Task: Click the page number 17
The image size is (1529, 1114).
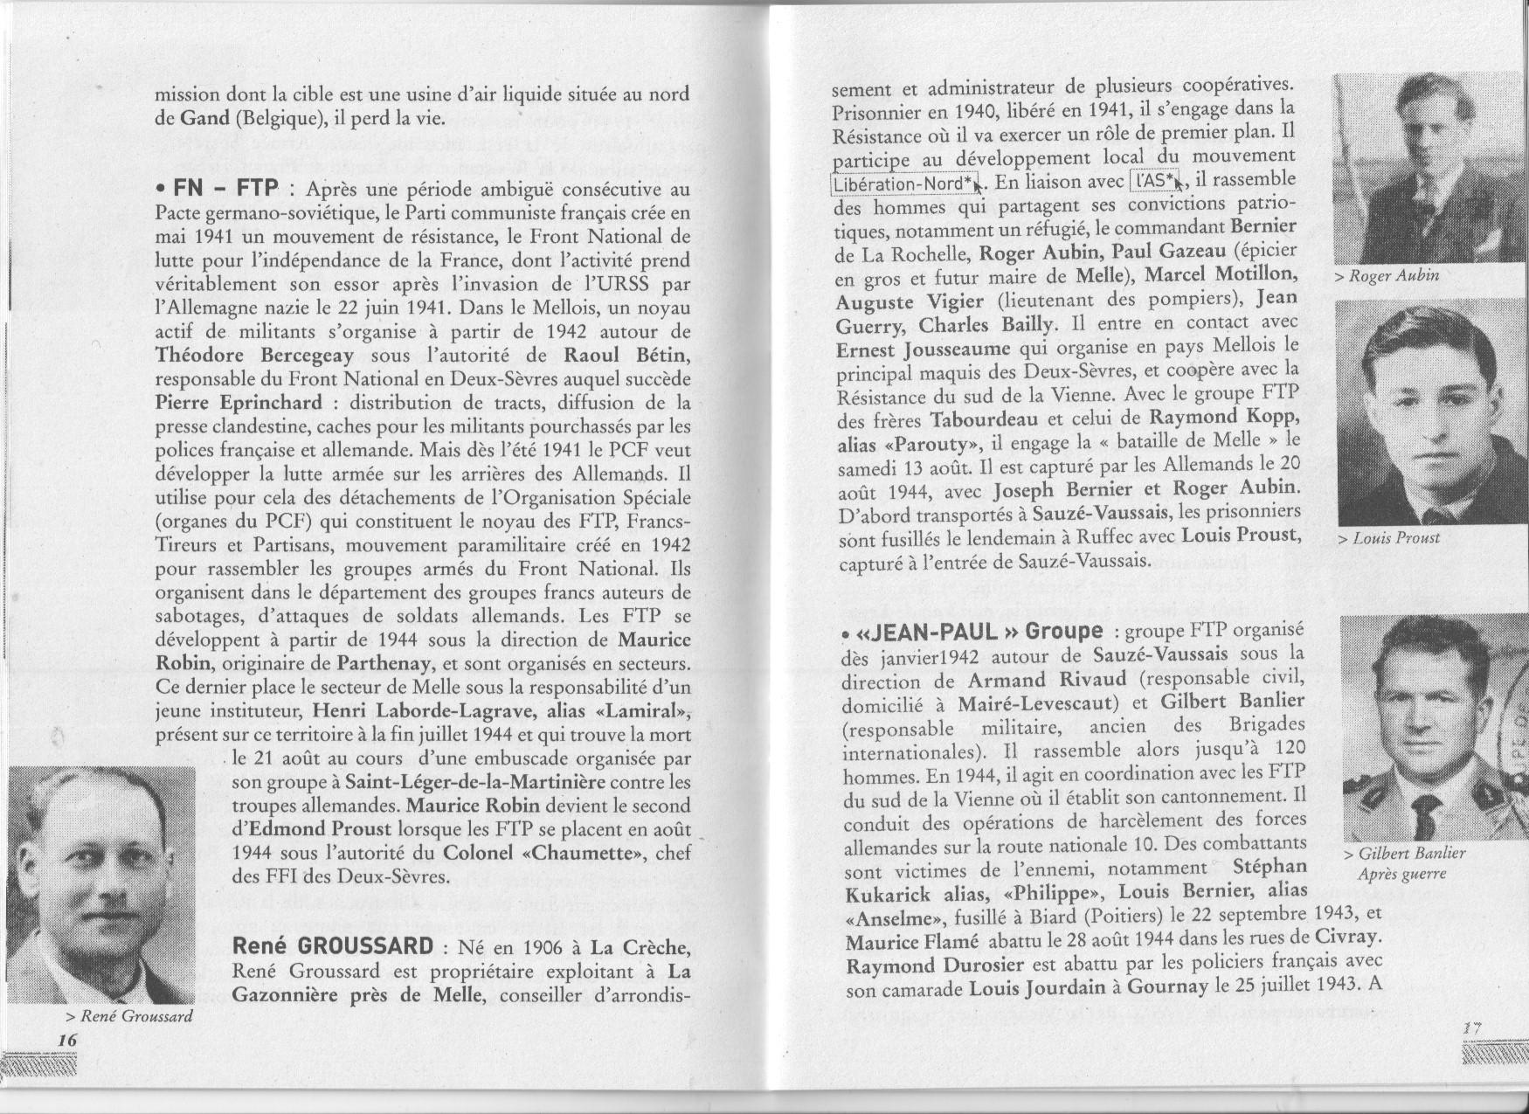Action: [1472, 1029]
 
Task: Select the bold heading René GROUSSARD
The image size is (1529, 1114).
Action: [333, 946]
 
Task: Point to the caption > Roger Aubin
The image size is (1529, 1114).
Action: [1387, 276]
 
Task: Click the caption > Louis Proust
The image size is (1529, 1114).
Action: [1388, 537]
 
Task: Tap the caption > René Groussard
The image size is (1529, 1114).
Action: [128, 1016]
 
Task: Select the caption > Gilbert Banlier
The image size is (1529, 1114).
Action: [1404, 855]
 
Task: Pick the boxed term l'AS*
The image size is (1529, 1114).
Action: [1152, 181]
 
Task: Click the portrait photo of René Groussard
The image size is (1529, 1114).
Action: [101, 884]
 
